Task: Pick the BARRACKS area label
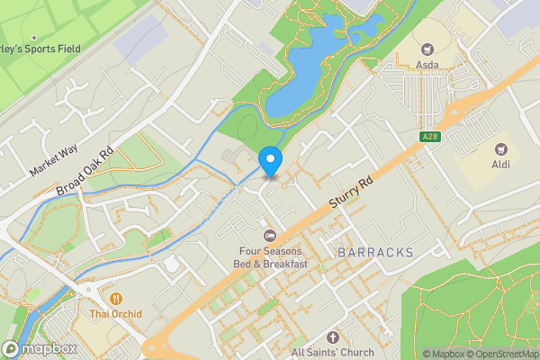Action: tap(375, 253)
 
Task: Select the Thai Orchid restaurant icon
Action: tap(115, 298)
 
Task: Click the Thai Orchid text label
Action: tap(115, 314)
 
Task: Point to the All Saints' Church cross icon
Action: tap(333, 335)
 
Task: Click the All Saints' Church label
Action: tap(333, 351)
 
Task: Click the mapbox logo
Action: tap(40, 348)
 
